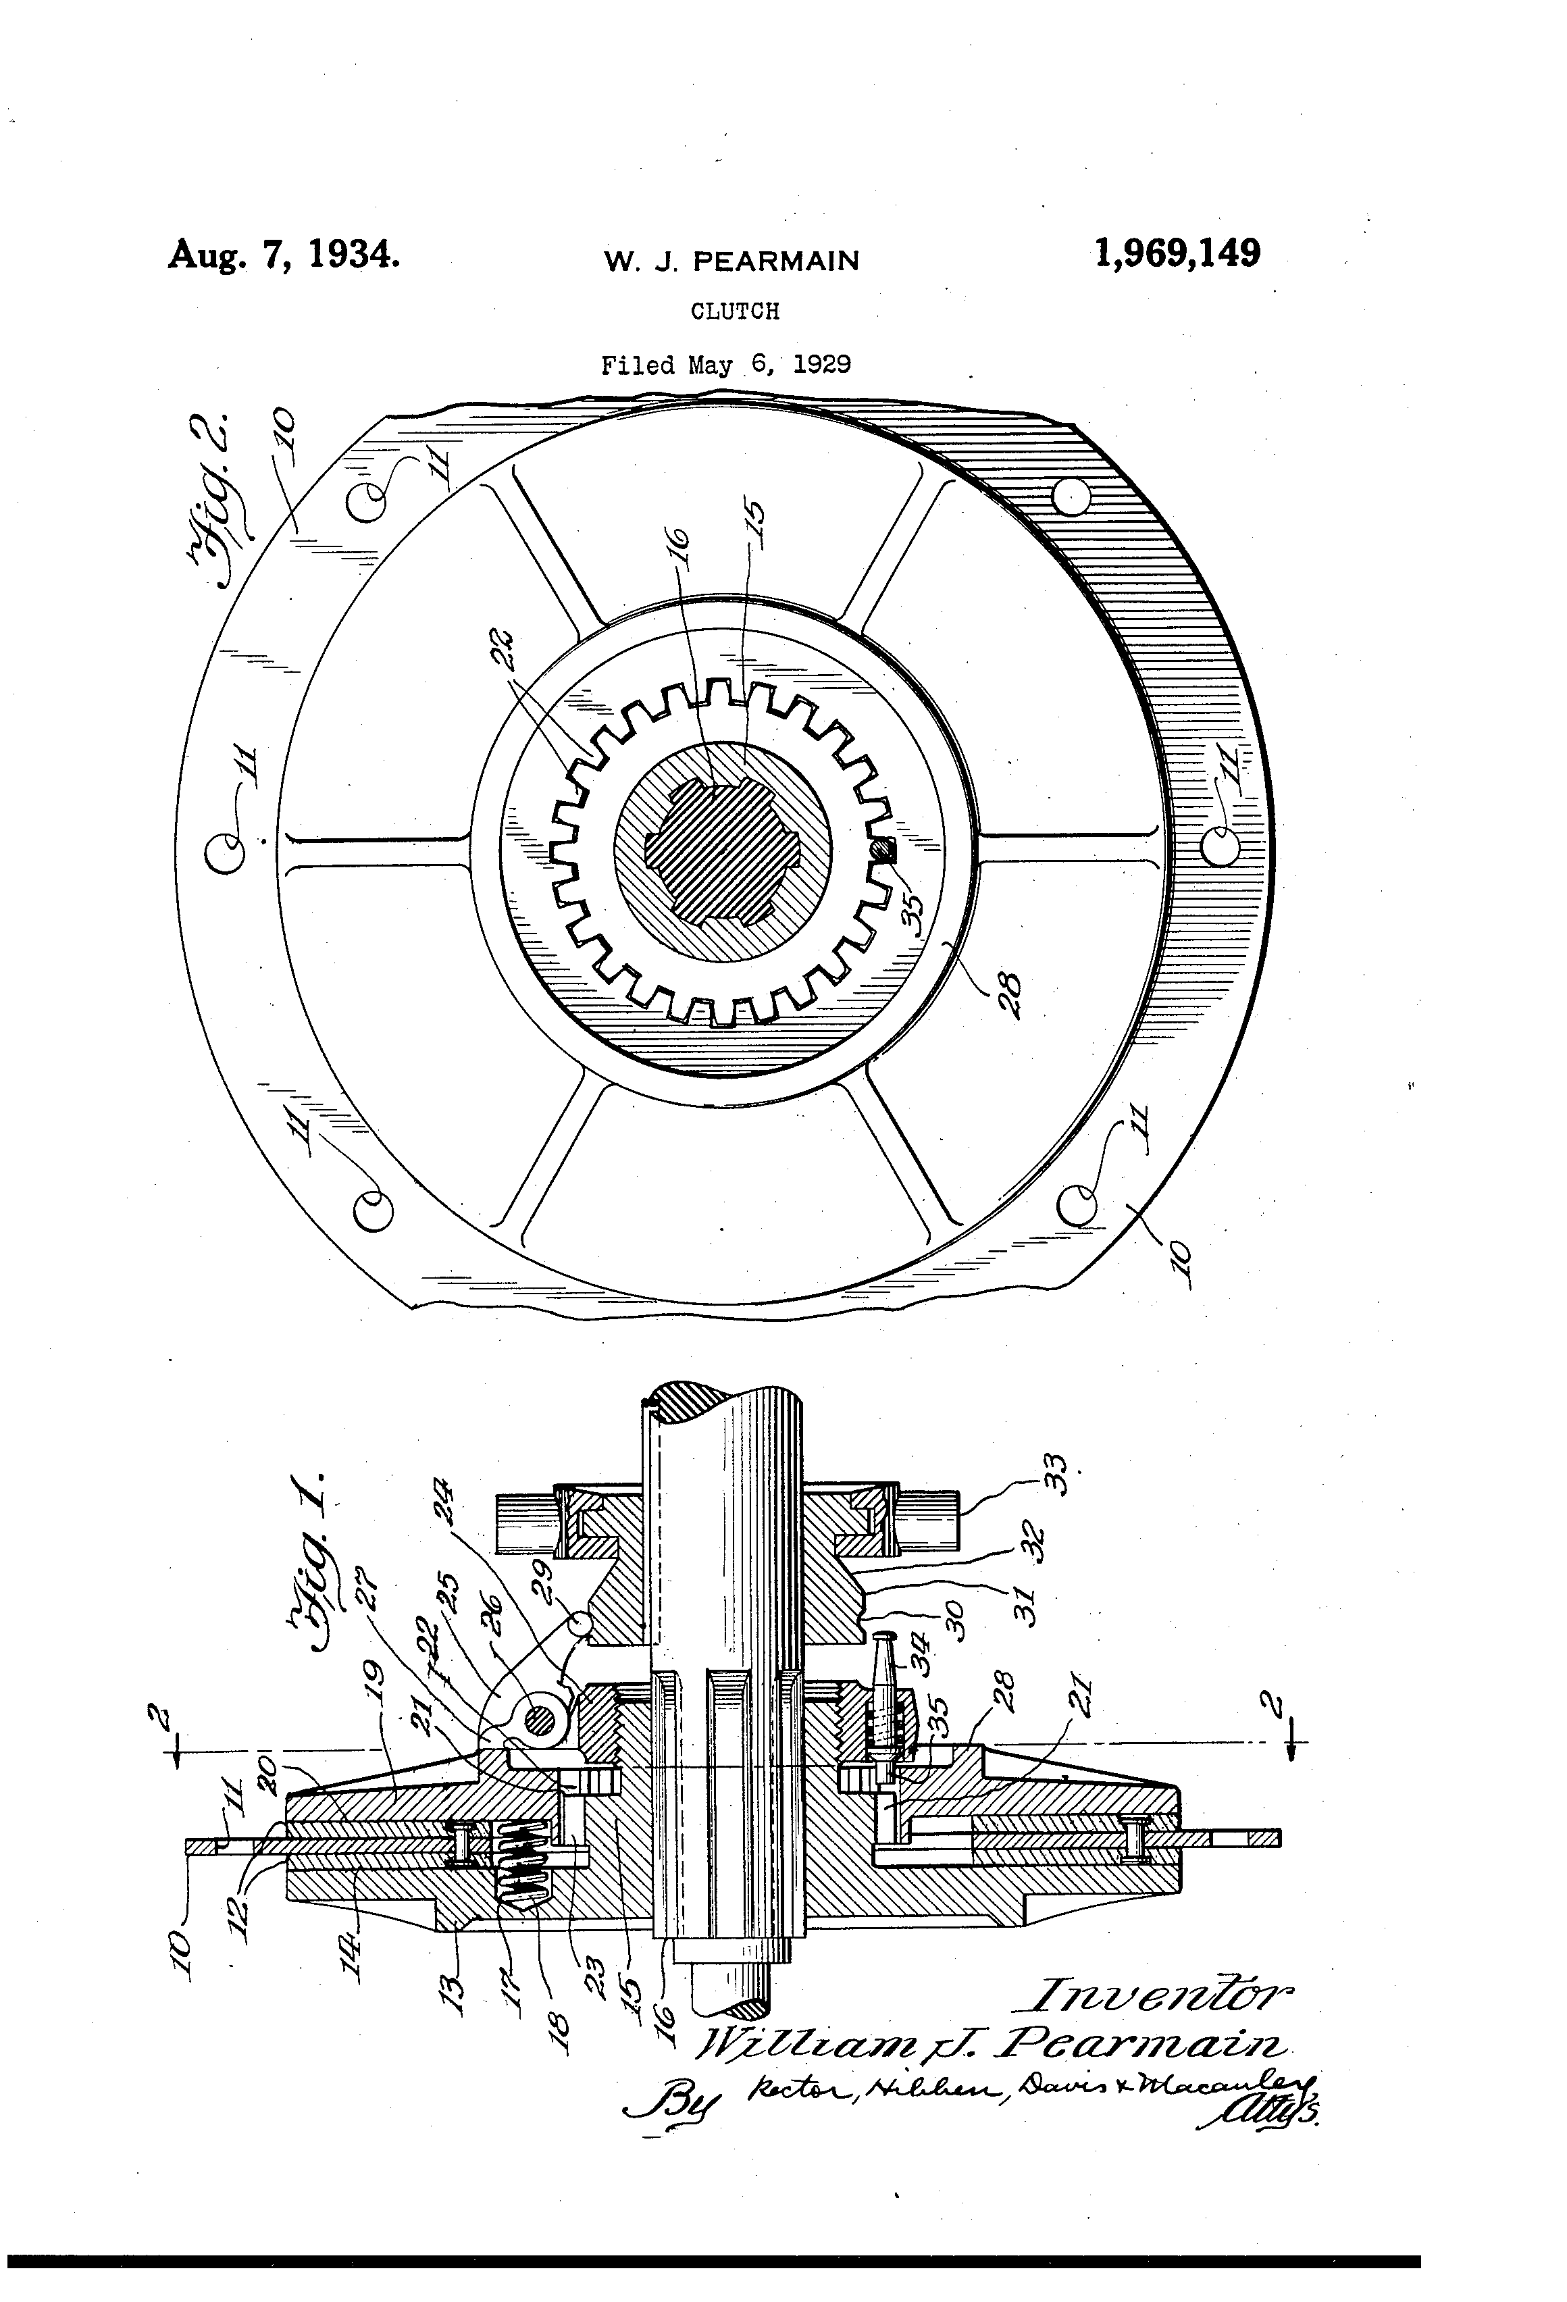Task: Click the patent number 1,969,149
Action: click(x=1177, y=253)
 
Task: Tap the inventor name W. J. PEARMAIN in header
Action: click(x=732, y=261)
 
